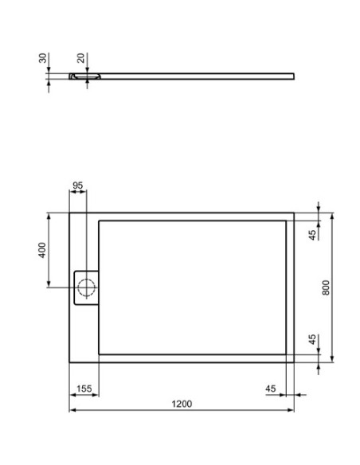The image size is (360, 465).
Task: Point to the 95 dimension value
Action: (x=78, y=186)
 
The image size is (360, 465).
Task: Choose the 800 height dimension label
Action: (x=325, y=287)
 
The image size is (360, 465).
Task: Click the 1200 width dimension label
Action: (x=182, y=404)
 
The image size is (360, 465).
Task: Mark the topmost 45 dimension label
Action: (x=313, y=233)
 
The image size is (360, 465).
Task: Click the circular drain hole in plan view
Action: (x=85, y=287)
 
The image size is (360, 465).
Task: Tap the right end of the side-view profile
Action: (x=293, y=76)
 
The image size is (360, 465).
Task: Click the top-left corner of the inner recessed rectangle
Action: (x=99, y=221)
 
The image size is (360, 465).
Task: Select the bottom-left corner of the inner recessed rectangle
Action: (x=99, y=354)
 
